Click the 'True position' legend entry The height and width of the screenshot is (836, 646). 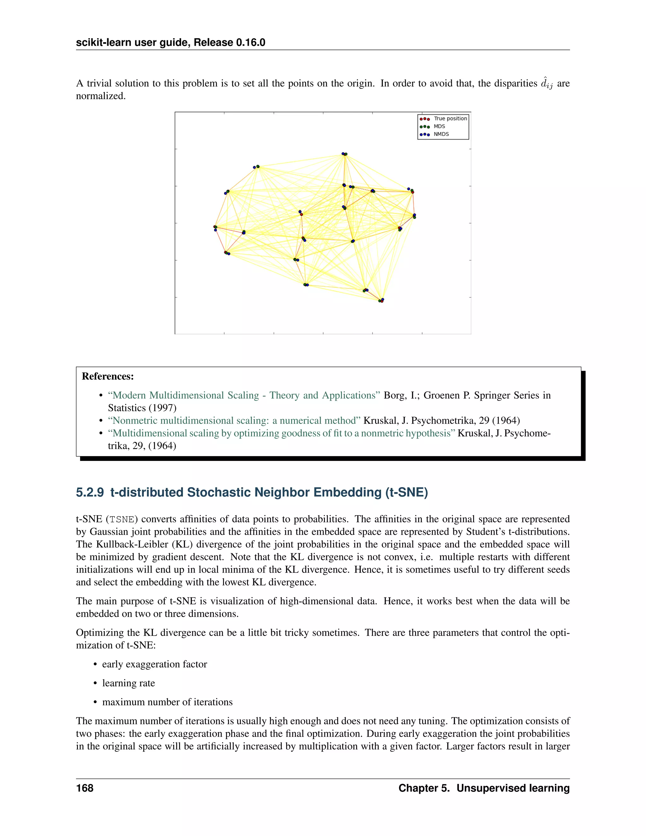pyautogui.click(x=450, y=119)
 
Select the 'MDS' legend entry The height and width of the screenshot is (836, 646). pyautogui.click(x=439, y=126)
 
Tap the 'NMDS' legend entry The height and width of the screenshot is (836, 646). pyautogui.click(x=441, y=134)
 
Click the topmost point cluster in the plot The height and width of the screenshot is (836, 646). pyautogui.click(x=344, y=154)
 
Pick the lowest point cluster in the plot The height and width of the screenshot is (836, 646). pyautogui.click(x=381, y=300)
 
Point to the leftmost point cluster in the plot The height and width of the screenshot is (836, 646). pyautogui.click(x=215, y=228)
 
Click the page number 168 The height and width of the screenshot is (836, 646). pyautogui.click(x=85, y=788)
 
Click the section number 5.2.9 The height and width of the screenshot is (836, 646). pyautogui.click(x=90, y=492)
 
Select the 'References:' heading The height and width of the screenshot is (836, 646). pyautogui.click(x=108, y=376)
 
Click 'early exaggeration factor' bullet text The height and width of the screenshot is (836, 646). pyautogui.click(x=154, y=664)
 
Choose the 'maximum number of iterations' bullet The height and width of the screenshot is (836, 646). pyautogui.click(x=167, y=702)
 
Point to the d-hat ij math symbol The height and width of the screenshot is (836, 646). pyautogui.click(x=547, y=84)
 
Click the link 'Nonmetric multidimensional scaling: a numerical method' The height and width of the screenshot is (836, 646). pyautogui.click(x=234, y=421)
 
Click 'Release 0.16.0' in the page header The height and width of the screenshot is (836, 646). pyautogui.click(x=229, y=43)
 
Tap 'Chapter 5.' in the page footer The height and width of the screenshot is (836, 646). pyautogui.click(x=424, y=788)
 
